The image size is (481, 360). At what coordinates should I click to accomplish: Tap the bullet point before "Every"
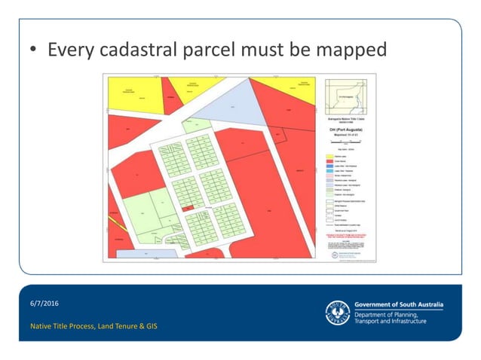[x=34, y=51]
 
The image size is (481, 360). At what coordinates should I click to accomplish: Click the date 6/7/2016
[x=44, y=303]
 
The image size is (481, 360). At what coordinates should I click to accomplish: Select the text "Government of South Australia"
[x=399, y=304]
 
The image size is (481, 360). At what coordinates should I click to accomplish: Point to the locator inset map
[x=345, y=96]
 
